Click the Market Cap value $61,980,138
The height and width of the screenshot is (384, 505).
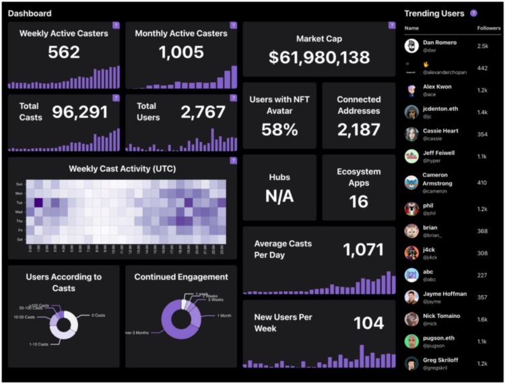point(319,57)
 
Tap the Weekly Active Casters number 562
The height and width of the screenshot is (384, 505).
point(64,52)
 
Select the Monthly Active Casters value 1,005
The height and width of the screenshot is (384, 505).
point(181,52)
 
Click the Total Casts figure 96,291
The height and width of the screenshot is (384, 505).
point(79,112)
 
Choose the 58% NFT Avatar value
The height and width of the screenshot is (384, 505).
point(279,129)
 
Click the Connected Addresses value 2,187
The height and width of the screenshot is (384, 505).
point(358,129)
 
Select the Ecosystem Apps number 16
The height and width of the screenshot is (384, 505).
point(358,201)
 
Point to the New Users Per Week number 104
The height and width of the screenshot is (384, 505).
point(368,323)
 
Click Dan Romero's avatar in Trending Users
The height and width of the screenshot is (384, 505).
point(411,46)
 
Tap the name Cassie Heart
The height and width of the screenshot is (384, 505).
point(440,131)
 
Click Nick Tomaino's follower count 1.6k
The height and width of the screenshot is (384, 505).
point(482,319)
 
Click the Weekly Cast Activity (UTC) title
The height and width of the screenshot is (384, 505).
point(122,168)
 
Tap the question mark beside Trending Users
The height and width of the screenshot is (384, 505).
point(474,13)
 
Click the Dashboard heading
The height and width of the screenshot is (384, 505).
point(30,13)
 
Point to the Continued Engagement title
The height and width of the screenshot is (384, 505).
point(181,277)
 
